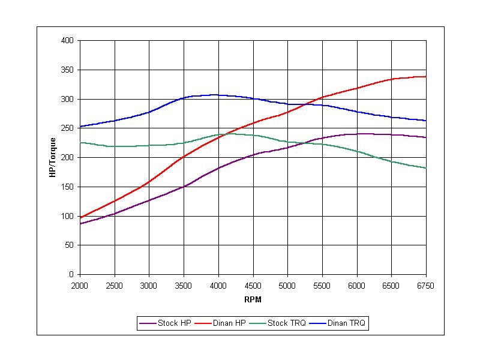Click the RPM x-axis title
(x=253, y=299)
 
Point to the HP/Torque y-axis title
(x=53, y=157)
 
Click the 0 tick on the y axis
(x=71, y=275)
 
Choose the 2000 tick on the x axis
(x=80, y=284)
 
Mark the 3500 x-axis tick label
(x=184, y=284)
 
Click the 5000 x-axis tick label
(x=287, y=284)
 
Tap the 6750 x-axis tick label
(x=425, y=284)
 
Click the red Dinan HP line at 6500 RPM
(x=391, y=79)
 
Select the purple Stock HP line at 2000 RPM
(x=80, y=224)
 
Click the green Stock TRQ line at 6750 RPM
(x=425, y=168)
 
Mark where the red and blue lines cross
(x=307, y=104)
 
